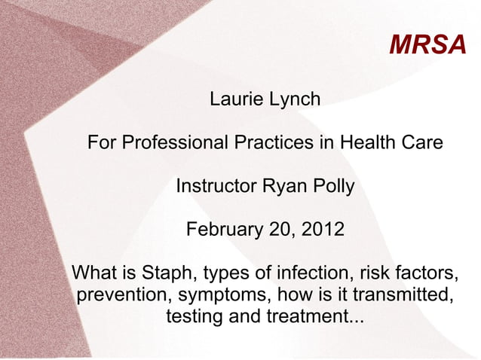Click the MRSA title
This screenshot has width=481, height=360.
pyautogui.click(x=428, y=45)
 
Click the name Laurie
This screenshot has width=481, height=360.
pyautogui.click(x=234, y=98)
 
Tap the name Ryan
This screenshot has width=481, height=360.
pyautogui.click(x=283, y=185)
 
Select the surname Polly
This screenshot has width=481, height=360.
pyautogui.click(x=332, y=185)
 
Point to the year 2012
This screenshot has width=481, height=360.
pyautogui.click(x=323, y=228)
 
